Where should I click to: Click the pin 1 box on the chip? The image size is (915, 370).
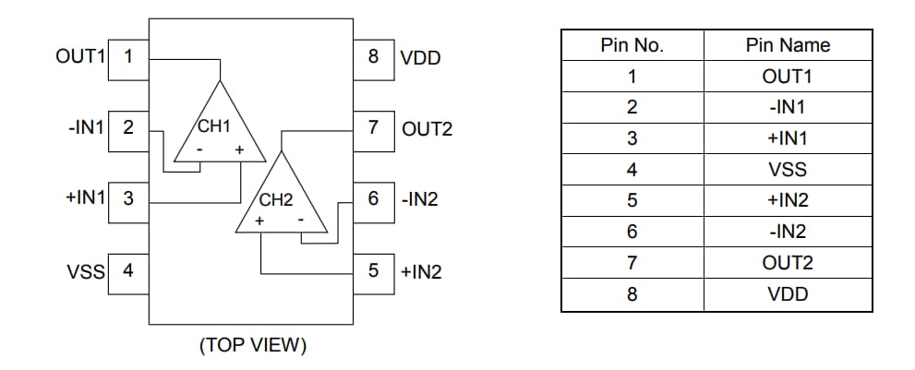pyautogui.click(x=128, y=55)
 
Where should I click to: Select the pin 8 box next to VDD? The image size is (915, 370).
pyautogui.click(x=373, y=56)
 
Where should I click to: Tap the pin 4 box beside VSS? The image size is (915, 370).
pyautogui.click(x=128, y=271)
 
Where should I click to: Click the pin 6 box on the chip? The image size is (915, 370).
pyautogui.click(x=373, y=198)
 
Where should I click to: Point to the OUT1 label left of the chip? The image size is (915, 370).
pyautogui.click(x=80, y=55)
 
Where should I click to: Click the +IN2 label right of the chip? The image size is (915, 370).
pyautogui.click(x=421, y=272)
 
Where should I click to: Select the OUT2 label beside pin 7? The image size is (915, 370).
pyautogui.click(x=427, y=128)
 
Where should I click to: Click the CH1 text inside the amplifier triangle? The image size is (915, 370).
pyautogui.click(x=212, y=126)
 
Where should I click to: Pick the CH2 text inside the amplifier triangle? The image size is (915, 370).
pyautogui.click(x=275, y=199)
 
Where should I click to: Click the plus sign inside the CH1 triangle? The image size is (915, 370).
pyautogui.click(x=238, y=149)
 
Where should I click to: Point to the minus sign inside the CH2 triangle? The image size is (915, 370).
pyautogui.click(x=301, y=221)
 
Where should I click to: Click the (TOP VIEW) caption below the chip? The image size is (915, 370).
pyautogui.click(x=252, y=346)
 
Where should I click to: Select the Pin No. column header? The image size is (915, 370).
pyautogui.click(x=632, y=45)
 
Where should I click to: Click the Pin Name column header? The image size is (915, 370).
pyautogui.click(x=788, y=45)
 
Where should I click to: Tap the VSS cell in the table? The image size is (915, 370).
pyautogui.click(x=788, y=170)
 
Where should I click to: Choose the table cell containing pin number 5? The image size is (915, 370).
pyautogui.click(x=632, y=201)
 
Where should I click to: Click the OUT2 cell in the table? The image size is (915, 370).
pyautogui.click(x=788, y=264)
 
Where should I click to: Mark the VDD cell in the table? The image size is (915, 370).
pyautogui.click(x=788, y=295)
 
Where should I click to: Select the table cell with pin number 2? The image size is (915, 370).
pyautogui.click(x=632, y=107)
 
